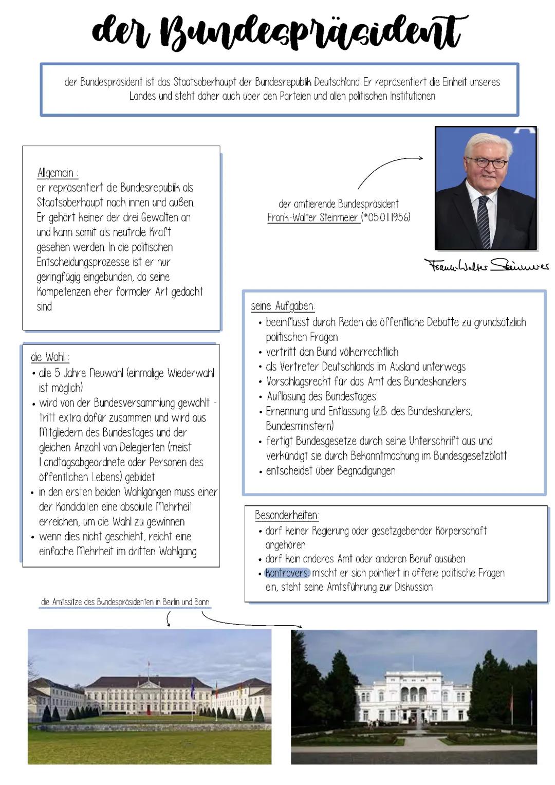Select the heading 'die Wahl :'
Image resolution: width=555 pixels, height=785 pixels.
pos(50,357)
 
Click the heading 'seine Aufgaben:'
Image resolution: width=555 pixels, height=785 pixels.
pos(283,306)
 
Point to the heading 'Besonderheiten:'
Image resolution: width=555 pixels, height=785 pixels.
pos(287,515)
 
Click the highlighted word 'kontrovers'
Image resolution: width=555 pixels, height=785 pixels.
pos(287,573)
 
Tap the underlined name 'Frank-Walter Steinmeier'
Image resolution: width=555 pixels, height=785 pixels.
pos(312,217)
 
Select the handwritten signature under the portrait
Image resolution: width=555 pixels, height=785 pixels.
pos(486,266)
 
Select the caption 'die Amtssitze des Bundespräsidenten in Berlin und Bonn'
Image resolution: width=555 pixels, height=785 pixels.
pos(125,602)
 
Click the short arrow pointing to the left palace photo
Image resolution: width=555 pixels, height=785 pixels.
pos(168,621)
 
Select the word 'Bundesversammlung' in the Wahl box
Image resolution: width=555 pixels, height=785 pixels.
pos(127,403)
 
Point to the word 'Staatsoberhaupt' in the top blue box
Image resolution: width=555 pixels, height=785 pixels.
pos(206,82)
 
